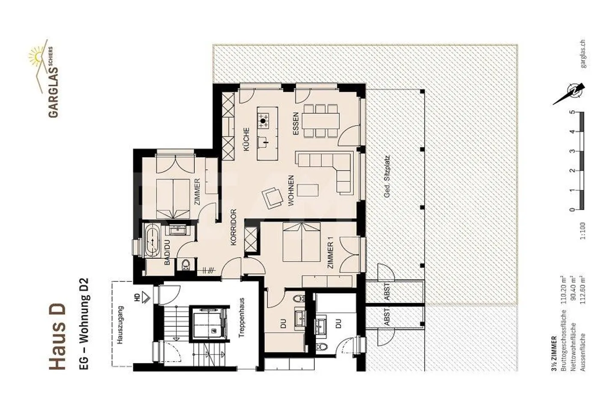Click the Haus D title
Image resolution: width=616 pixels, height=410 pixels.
[57, 336]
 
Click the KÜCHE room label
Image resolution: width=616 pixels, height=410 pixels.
[246, 140]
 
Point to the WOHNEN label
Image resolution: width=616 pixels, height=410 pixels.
[291, 191]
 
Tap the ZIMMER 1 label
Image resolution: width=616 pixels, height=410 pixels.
[330, 255]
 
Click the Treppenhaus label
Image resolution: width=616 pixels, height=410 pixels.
[241, 318]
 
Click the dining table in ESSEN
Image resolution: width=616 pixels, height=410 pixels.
[321, 120]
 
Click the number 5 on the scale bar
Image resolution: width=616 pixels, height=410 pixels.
[573, 113]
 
